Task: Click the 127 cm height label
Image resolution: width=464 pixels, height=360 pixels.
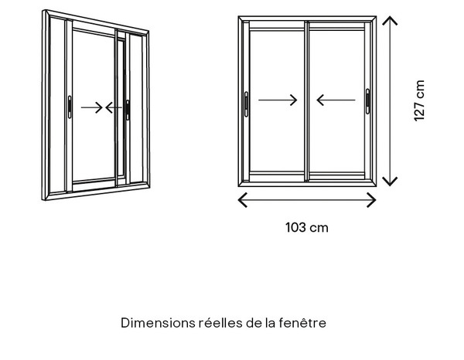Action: pos(419,100)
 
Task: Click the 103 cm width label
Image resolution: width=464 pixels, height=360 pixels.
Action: pos(307,228)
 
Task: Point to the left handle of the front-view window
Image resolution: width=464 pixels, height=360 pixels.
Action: pos(246,104)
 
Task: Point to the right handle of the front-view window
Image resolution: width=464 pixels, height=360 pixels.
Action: pos(367,101)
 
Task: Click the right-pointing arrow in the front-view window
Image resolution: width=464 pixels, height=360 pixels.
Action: pos(278,100)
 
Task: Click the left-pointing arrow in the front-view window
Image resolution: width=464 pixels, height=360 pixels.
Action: pos(336,100)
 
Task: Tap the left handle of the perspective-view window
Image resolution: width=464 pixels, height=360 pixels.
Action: pos(70,107)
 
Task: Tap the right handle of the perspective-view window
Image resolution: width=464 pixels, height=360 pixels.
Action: pos(128,110)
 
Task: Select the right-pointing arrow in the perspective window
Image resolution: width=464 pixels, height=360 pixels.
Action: pos(92,107)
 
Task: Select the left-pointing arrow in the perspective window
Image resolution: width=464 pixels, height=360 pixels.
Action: pos(114,107)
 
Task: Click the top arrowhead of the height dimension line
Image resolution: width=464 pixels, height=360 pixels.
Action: pos(390,20)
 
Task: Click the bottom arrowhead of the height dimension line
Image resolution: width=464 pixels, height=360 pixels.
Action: pos(390,182)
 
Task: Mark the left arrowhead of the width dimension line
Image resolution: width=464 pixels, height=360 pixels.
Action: pos(242,200)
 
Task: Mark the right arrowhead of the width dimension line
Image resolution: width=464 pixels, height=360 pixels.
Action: pos(372,200)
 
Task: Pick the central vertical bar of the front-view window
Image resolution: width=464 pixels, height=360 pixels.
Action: pos(306,101)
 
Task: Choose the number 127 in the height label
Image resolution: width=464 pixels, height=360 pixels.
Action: pos(419,110)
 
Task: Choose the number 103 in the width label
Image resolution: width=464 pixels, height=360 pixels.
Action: pos(295,228)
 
